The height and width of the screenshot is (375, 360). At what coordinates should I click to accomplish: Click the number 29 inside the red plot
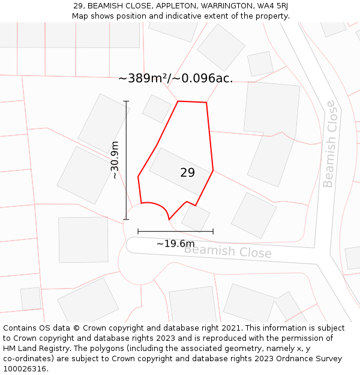[x=187, y=173]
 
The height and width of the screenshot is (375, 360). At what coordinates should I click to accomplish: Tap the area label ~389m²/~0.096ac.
[x=175, y=78]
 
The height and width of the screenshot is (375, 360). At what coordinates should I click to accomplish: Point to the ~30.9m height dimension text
[x=115, y=160]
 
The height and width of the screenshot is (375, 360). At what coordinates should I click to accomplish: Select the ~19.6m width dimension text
[x=175, y=244]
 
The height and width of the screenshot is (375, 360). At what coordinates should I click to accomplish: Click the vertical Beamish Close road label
[x=329, y=144]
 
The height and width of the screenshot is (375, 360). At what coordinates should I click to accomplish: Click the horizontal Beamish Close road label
[x=227, y=251]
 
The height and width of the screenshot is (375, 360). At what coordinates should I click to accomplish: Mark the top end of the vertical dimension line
[x=127, y=101]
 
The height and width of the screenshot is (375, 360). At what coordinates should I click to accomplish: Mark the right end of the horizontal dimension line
[x=213, y=231]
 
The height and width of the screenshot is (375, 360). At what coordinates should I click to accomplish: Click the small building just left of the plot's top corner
[x=157, y=109]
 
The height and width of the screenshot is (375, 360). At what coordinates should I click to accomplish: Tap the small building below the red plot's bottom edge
[x=196, y=218]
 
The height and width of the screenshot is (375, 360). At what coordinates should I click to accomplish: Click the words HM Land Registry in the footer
[x=34, y=349]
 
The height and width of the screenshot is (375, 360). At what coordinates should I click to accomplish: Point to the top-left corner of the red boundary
[x=178, y=101]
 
